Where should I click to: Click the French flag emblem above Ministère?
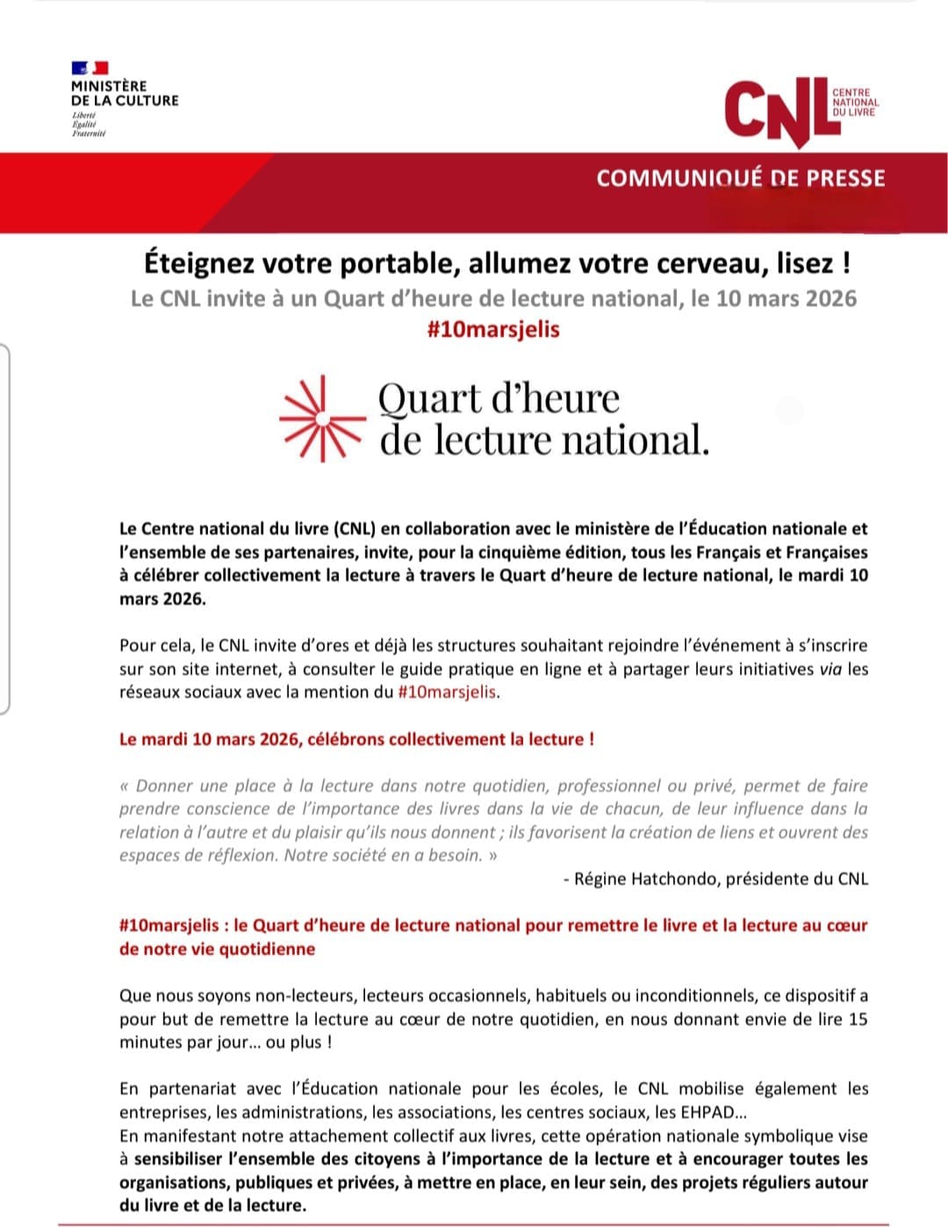[x=90, y=68]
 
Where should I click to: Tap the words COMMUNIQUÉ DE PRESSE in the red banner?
[x=740, y=178]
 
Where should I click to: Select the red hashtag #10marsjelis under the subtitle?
[x=492, y=329]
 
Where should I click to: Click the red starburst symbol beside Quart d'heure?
[x=321, y=419]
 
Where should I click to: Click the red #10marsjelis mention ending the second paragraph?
[x=447, y=692]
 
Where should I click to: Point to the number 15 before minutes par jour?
[x=858, y=1019]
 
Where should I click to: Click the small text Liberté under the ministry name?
[x=84, y=116]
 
